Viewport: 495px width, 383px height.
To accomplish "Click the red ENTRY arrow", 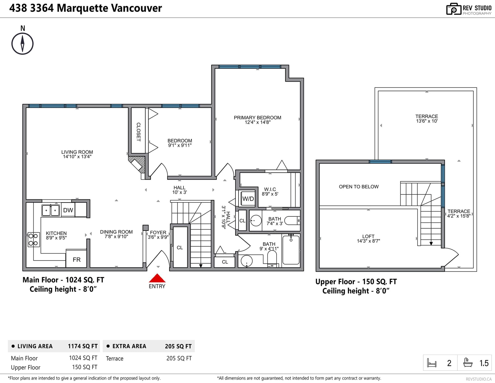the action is tap(157, 278).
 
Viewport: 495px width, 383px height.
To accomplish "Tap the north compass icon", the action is tap(22, 44).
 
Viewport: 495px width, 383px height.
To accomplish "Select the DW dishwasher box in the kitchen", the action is tap(68, 210).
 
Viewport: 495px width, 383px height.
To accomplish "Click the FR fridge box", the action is tap(76, 259).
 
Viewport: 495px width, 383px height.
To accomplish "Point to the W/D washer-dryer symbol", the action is tap(248, 199).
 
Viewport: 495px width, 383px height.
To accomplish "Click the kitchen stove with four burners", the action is tap(33, 239).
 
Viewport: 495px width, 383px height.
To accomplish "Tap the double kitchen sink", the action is tap(50, 210).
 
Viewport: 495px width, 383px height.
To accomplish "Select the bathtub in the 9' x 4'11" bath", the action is tap(291, 250).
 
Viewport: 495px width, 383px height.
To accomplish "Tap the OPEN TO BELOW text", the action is tap(359, 187).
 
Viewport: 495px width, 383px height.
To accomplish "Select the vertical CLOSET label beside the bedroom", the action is tap(138, 132).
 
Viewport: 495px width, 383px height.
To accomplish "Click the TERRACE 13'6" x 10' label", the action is tap(427, 119).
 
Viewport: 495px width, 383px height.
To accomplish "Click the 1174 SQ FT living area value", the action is tap(83, 346).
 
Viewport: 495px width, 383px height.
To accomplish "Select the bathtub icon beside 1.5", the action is tap(468, 363).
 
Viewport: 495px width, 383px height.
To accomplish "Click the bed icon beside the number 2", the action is tap(432, 363).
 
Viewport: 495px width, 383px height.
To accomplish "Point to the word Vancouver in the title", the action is tap(137, 8).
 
